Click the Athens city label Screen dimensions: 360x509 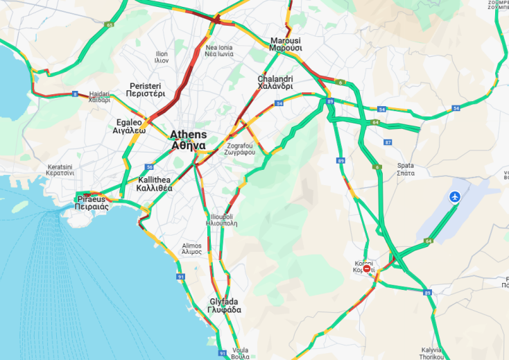coord(188,139)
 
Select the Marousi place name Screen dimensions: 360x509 coord(286,44)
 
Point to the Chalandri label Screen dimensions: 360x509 coord(275,83)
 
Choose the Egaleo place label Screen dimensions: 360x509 coord(130,126)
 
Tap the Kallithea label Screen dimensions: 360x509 coord(155,183)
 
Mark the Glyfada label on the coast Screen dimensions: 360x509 coord(225,305)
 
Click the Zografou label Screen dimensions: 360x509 coord(241,148)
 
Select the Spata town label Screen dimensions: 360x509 coord(406,169)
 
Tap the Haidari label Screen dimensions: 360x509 coord(99,96)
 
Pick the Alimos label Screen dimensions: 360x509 coord(191,248)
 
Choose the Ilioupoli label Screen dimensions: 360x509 coord(223,221)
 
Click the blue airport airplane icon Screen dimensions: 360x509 coord(455,198)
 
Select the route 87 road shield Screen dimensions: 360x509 coord(388,142)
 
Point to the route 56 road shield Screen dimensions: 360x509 coord(150,167)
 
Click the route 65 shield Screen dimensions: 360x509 coord(110,25)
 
